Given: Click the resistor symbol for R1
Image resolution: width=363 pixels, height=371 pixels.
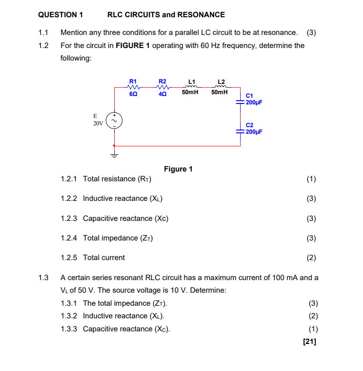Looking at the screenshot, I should pyautogui.click(x=133, y=87).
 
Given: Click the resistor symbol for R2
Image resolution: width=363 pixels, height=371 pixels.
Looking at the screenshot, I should pyautogui.click(x=162, y=87).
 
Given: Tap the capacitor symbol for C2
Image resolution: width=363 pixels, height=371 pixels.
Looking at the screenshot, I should pyautogui.click(x=240, y=131).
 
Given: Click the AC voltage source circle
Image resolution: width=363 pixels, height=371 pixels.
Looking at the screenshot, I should pyautogui.click(x=114, y=120).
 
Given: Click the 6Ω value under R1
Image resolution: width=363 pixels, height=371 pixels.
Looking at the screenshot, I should pyautogui.click(x=133, y=94).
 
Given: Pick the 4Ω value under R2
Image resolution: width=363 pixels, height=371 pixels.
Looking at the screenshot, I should pyautogui.click(x=162, y=94).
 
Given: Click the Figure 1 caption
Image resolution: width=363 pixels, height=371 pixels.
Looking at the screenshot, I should pyautogui.click(x=178, y=169).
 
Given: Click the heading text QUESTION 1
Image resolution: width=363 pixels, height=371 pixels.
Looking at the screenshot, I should pyautogui.click(x=60, y=15).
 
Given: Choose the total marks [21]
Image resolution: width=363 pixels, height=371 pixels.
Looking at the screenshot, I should pyautogui.click(x=309, y=342).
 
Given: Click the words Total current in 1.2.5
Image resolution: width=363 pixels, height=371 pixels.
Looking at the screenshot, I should pyautogui.click(x=104, y=258).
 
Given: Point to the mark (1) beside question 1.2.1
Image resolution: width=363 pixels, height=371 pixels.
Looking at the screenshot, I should pyautogui.click(x=311, y=179).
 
